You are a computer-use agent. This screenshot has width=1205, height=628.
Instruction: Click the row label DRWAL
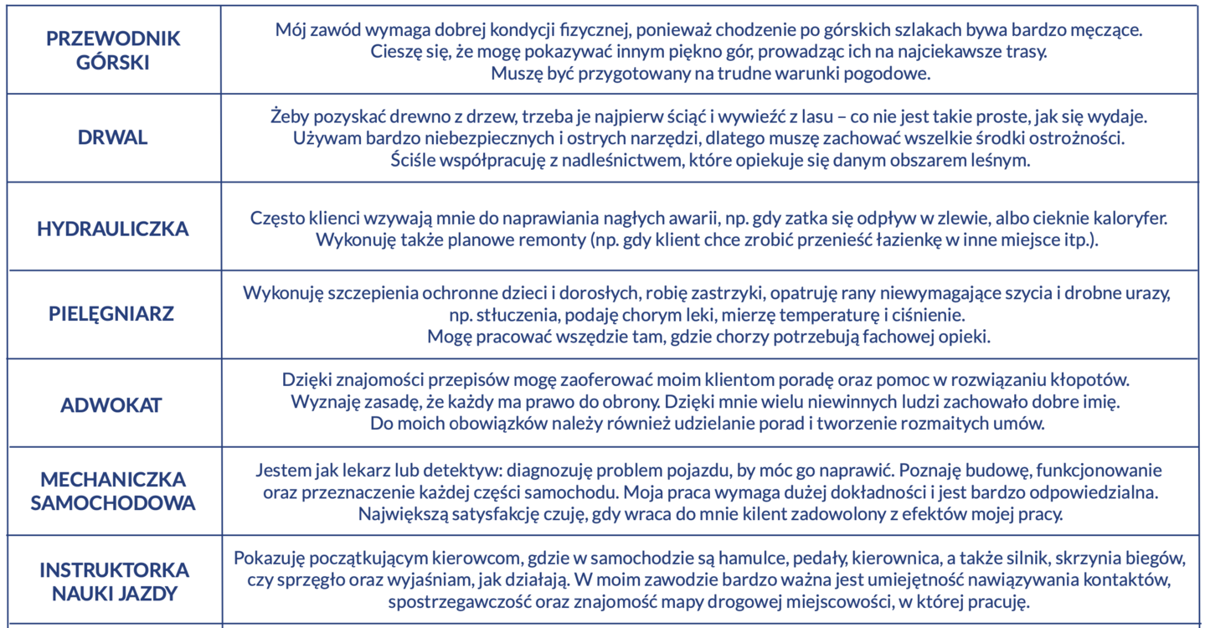112,138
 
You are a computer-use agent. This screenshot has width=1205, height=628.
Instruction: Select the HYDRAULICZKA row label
112,229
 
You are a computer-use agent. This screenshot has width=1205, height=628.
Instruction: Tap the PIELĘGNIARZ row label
111,315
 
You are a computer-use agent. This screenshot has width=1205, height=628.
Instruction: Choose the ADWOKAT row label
111,405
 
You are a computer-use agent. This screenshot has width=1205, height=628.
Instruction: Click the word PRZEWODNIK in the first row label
113,39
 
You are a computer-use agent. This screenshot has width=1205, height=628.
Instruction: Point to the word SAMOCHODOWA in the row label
113,503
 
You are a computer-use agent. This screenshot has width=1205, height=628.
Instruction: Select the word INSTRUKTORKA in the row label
114,570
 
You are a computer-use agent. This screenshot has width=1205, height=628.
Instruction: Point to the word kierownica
903,558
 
